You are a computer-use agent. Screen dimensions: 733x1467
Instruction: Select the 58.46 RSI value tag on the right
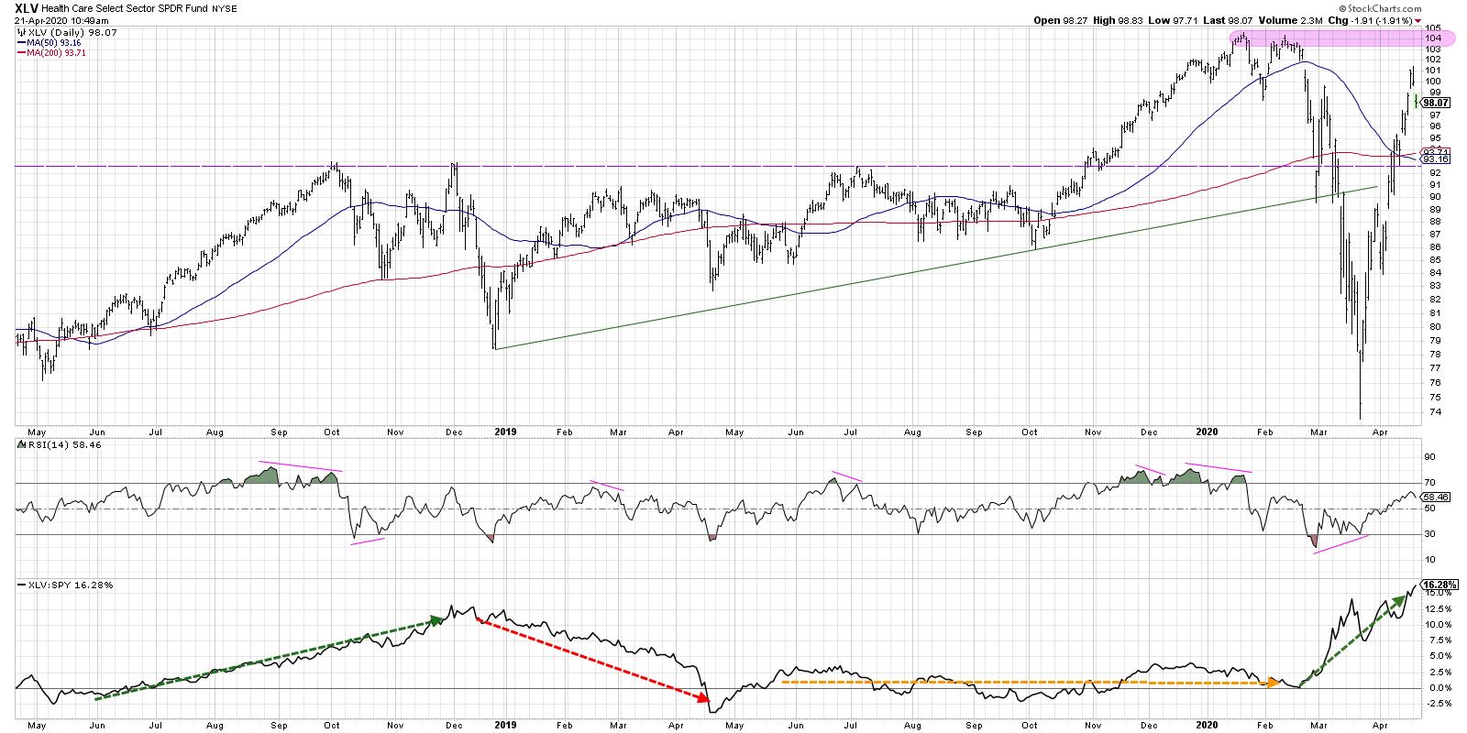point(1434,497)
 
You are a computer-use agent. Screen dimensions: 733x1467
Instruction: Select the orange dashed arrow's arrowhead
point(1275,683)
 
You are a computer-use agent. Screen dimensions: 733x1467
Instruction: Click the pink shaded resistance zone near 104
point(1320,38)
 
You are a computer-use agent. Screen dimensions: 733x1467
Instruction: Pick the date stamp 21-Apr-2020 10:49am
point(55,19)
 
